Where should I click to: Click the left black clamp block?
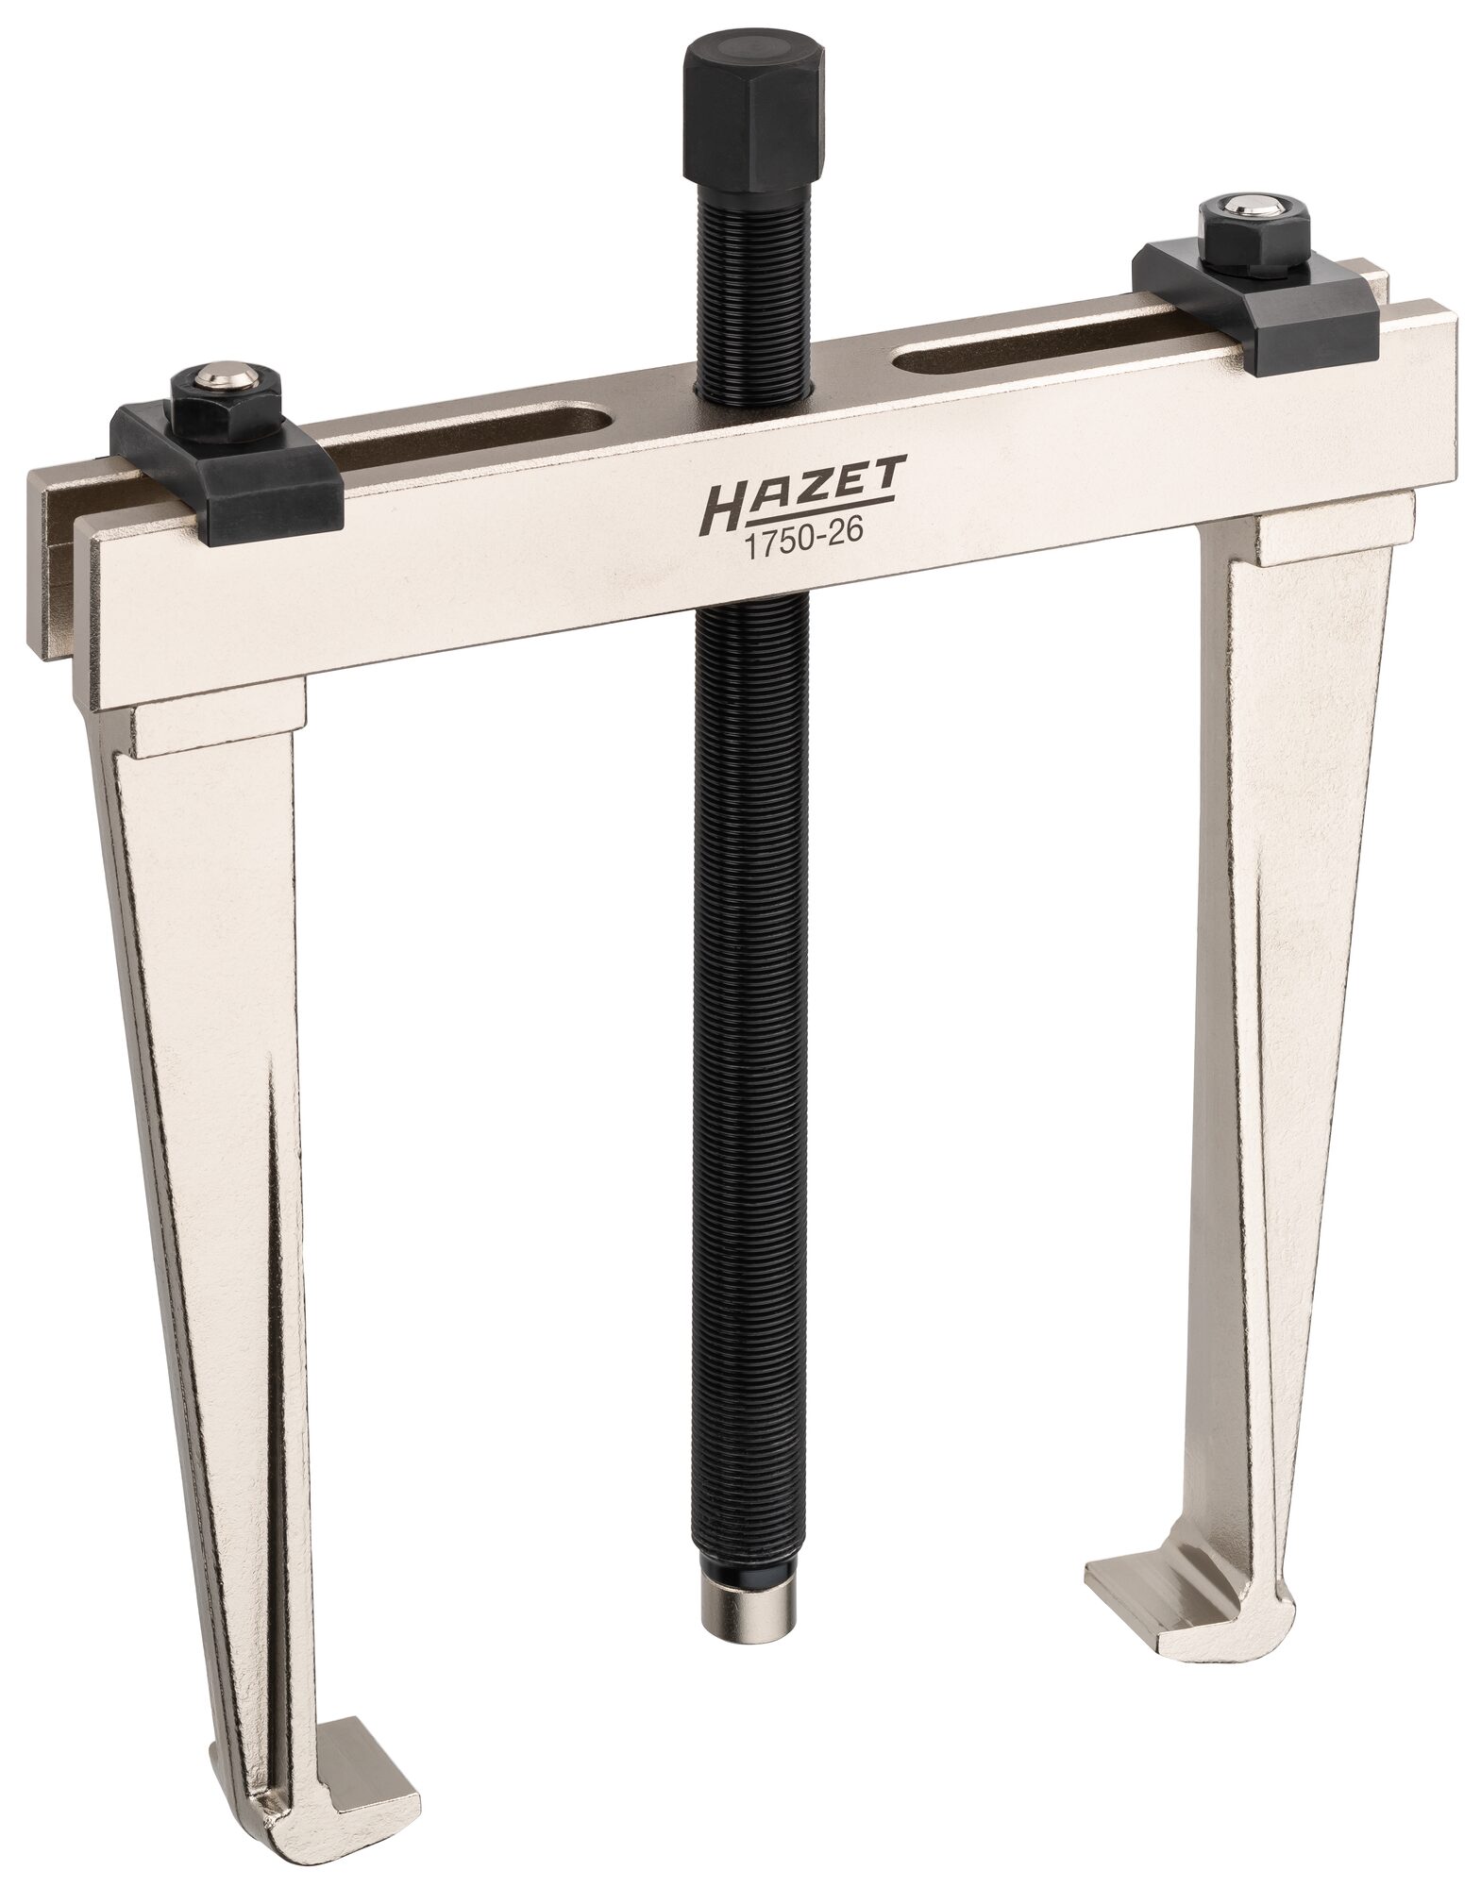coord(227,467)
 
